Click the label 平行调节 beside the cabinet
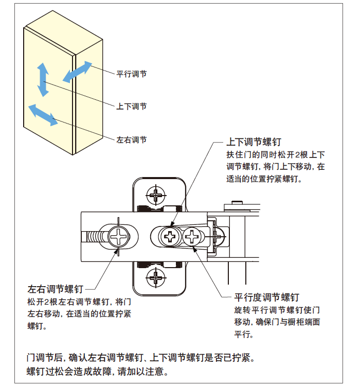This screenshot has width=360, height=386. coord(132,74)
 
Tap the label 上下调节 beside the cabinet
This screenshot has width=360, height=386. coord(132,107)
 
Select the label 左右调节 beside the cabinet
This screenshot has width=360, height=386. coord(132,139)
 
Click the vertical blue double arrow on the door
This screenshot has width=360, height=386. coord(43,80)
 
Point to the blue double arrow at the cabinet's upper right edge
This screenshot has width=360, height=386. coord(78,72)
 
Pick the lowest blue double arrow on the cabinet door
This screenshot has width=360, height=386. coord(43,114)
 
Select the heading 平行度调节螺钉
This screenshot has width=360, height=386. coord(266,297)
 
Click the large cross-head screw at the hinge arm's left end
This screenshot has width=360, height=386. coord(119,237)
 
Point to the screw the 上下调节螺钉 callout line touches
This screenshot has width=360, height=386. coord(169,237)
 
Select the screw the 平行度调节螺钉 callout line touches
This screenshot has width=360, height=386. coord(192,237)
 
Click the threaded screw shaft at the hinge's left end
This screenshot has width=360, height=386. coord(94,238)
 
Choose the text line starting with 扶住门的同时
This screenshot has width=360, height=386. coord(276,155)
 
